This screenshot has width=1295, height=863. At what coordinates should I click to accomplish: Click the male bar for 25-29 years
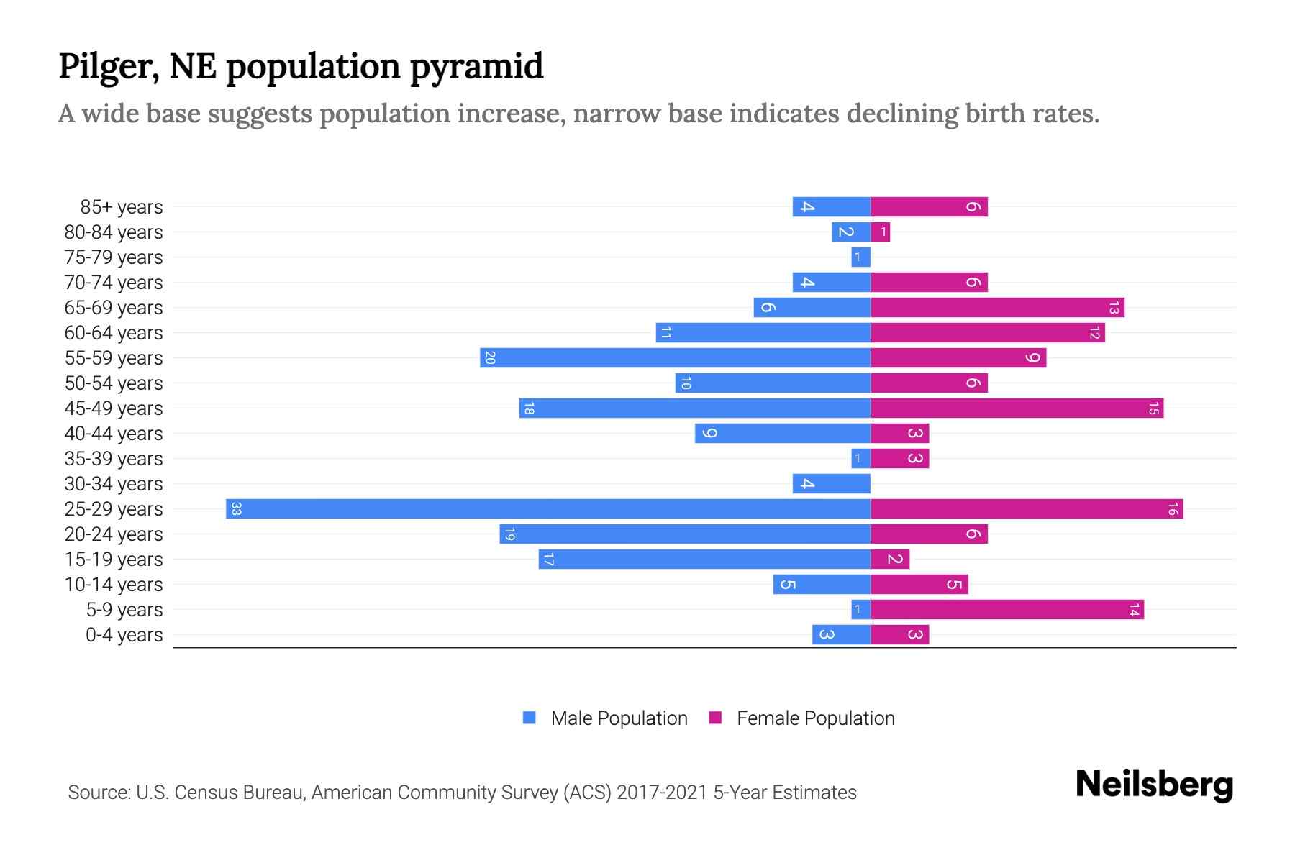pyautogui.click(x=548, y=509)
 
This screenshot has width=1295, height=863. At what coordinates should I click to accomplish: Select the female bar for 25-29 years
pyautogui.click(x=1027, y=509)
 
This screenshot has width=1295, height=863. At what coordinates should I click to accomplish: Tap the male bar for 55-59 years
pyautogui.click(x=675, y=358)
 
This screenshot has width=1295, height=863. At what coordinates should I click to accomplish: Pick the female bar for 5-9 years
pyautogui.click(x=1007, y=610)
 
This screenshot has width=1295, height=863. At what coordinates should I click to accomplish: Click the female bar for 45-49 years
pyautogui.click(x=1017, y=408)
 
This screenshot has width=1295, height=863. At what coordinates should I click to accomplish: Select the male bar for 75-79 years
pyautogui.click(x=860, y=257)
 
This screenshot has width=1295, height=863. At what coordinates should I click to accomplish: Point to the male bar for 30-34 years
pyautogui.click(x=831, y=484)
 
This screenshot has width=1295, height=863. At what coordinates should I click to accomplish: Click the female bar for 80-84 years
pyautogui.click(x=880, y=232)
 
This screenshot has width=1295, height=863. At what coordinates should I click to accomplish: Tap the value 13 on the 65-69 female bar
pyautogui.click(x=1114, y=308)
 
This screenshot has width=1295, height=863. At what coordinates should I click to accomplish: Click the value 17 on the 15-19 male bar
pyautogui.click(x=548, y=560)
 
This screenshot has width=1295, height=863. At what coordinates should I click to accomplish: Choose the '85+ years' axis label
pyautogui.click(x=122, y=207)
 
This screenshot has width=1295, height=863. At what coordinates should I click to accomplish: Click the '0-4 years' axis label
pyautogui.click(x=124, y=635)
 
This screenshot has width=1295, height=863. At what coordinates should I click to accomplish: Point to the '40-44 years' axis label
pyautogui.click(x=114, y=434)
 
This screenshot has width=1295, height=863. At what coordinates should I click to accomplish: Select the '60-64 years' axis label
pyautogui.click(x=114, y=333)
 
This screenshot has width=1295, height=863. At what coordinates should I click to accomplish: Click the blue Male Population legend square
pyautogui.click(x=530, y=718)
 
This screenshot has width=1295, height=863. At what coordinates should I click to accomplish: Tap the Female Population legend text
pyautogui.click(x=815, y=718)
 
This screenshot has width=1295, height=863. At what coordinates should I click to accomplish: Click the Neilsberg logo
pyautogui.click(x=1154, y=785)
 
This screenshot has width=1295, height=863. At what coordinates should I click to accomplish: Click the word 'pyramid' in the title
pyautogui.click(x=477, y=67)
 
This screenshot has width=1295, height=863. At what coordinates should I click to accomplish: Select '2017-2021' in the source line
pyautogui.click(x=661, y=793)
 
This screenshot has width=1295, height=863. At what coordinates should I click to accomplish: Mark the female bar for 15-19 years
pyautogui.click(x=890, y=560)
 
